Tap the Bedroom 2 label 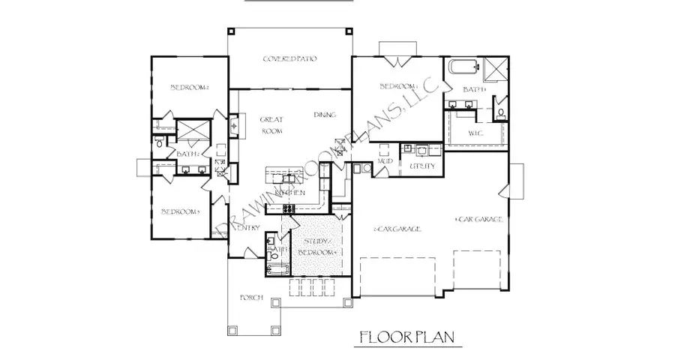[189, 88]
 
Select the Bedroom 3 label [181, 212]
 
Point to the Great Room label [271, 124]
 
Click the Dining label [325, 115]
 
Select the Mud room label [386, 161]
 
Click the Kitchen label [289, 193]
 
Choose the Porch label [250, 298]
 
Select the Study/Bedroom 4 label [315, 247]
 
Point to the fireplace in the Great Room [233, 125]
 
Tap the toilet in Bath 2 [159, 140]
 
